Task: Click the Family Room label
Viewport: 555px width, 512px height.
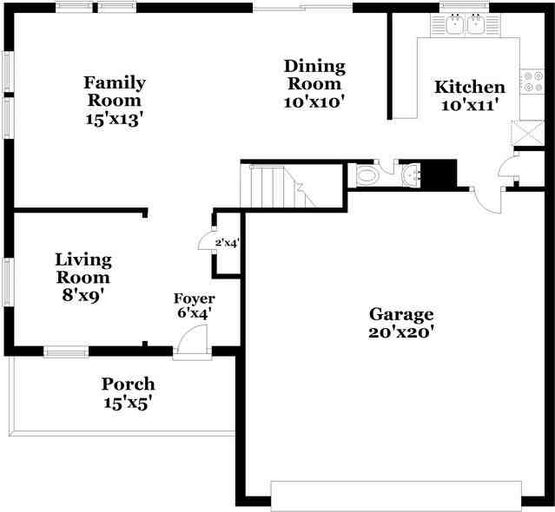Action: (x=115, y=91)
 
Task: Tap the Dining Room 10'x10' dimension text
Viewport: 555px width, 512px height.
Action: (x=314, y=102)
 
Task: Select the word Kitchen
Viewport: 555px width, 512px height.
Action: (x=470, y=87)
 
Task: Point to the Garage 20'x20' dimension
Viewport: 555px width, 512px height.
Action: (x=401, y=332)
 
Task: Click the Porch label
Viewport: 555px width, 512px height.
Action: (x=129, y=384)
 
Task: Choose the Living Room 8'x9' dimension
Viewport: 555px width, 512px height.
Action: (x=83, y=295)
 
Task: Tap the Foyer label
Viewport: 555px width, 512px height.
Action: (x=195, y=299)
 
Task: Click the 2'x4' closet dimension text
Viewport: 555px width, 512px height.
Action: (x=228, y=243)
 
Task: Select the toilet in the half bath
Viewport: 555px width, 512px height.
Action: (x=367, y=174)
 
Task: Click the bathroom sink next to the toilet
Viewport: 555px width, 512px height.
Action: (x=412, y=174)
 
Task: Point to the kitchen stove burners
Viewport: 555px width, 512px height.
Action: (x=532, y=82)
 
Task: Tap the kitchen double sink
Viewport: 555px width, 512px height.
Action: (x=465, y=25)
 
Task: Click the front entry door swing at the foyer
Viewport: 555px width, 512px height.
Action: (x=192, y=338)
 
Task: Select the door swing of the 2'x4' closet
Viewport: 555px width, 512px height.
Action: (x=205, y=241)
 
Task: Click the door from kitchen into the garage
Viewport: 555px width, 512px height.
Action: (x=486, y=200)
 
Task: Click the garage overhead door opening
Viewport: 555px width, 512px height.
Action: (x=396, y=496)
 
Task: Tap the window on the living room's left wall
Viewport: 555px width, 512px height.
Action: (x=8, y=282)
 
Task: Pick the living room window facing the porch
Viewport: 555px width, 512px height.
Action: (x=66, y=351)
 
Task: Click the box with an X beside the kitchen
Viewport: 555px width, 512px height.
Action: (x=528, y=133)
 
